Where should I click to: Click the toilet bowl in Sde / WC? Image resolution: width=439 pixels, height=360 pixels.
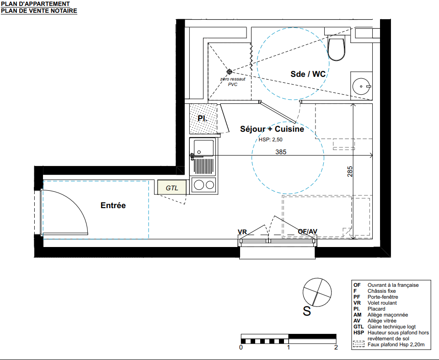pyautogui.click(x=336, y=49)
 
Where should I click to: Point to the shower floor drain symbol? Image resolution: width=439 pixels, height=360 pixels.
pyautogui.click(x=229, y=72)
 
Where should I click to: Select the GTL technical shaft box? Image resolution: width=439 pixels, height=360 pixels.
pyautogui.click(x=171, y=188)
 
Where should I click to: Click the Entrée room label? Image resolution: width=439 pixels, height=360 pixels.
pyautogui.click(x=113, y=205)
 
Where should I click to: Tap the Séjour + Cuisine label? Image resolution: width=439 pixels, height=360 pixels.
pyautogui.click(x=272, y=129)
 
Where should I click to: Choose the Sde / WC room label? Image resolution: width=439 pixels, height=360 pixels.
pyautogui.click(x=308, y=74)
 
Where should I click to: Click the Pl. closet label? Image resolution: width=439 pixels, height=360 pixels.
pyautogui.click(x=202, y=118)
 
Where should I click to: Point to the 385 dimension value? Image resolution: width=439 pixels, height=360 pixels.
pyautogui.click(x=281, y=152)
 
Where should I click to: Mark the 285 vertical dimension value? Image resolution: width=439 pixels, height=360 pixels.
pyautogui.click(x=350, y=172)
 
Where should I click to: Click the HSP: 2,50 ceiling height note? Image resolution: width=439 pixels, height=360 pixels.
pyautogui.click(x=270, y=140)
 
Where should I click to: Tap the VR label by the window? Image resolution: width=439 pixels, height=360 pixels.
pyautogui.click(x=242, y=232)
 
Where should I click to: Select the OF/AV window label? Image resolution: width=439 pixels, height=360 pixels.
pyautogui.click(x=307, y=231)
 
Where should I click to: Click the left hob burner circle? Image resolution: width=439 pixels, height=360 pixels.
pyautogui.click(x=199, y=185)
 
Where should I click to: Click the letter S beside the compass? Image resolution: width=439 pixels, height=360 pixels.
pyautogui.click(x=307, y=311)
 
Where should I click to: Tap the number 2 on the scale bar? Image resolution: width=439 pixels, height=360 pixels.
pyautogui.click(x=336, y=347)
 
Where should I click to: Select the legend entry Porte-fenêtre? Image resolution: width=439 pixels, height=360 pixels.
pyautogui.click(x=383, y=297)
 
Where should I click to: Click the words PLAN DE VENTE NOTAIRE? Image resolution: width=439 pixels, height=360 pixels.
pyautogui.click(x=39, y=11)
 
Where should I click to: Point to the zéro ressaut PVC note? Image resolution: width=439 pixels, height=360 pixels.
pyautogui.click(x=233, y=81)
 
